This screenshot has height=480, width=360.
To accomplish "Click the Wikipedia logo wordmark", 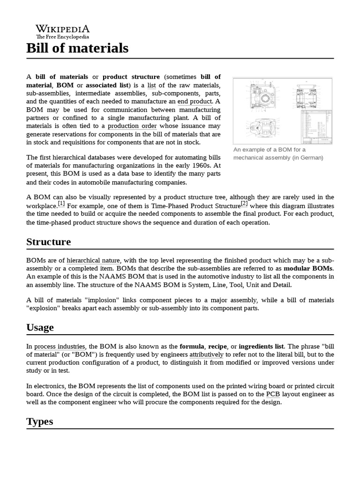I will [x=63, y=29].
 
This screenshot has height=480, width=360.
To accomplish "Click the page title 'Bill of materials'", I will [x=77, y=48].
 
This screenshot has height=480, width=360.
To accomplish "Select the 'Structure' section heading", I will [x=49, y=242].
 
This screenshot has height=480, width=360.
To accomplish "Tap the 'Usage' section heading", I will [x=40, y=327].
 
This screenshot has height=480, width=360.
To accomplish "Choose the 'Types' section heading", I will [x=40, y=421].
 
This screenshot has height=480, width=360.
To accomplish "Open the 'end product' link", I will [x=195, y=101].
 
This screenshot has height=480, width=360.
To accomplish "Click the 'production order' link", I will [x=132, y=126].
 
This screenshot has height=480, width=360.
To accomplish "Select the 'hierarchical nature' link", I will [x=93, y=260].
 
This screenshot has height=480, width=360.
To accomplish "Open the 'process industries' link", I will [x=60, y=346].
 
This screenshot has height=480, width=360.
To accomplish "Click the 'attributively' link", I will [x=206, y=354].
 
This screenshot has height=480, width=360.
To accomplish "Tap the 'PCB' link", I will [x=273, y=394].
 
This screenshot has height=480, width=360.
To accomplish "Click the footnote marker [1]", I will [x=61, y=203].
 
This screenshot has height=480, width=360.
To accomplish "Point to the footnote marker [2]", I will [x=244, y=203].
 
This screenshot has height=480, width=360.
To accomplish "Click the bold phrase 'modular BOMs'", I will [x=308, y=268].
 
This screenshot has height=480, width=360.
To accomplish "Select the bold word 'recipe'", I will [x=217, y=346].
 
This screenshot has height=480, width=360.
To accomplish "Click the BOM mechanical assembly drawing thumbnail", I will [x=283, y=111].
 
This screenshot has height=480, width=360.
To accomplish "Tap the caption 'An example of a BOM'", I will [x=270, y=150].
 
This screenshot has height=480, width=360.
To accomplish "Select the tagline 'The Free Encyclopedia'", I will [x=63, y=37].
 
